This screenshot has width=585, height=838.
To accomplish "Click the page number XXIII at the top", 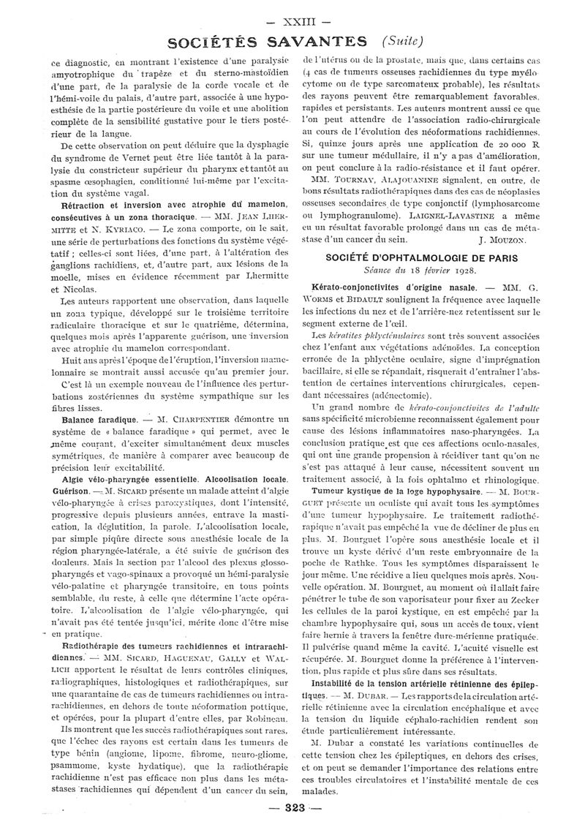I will click(x=292, y=12).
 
